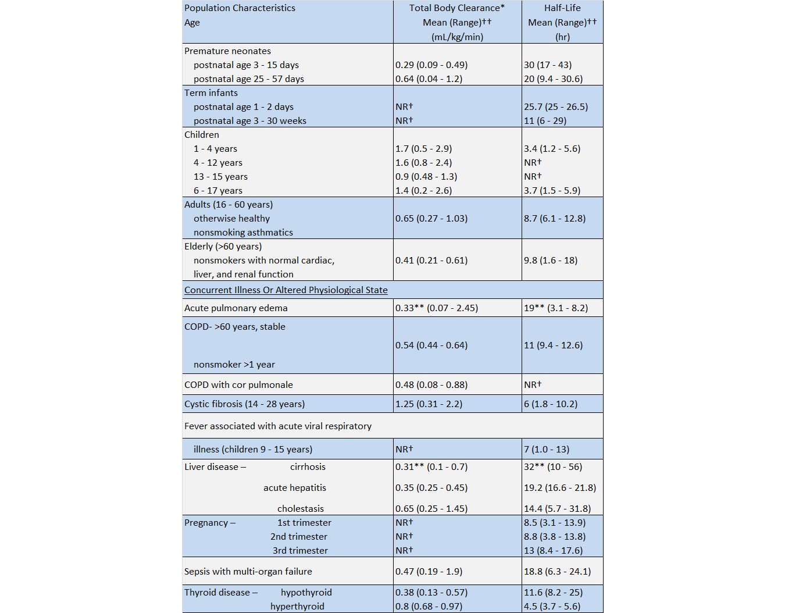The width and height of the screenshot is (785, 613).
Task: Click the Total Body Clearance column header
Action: (456, 8)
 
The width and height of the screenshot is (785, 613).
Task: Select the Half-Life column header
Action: (562, 8)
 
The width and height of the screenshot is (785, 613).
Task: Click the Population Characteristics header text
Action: (240, 8)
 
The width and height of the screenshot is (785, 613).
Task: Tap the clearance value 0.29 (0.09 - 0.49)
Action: (431, 65)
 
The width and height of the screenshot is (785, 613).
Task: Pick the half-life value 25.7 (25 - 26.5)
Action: (555, 107)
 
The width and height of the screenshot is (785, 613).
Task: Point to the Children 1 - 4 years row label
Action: (215, 149)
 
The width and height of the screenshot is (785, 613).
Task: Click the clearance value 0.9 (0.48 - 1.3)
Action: (426, 177)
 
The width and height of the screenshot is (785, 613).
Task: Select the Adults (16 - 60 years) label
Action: (229, 205)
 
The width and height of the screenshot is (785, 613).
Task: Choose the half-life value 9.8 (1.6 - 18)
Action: (550, 261)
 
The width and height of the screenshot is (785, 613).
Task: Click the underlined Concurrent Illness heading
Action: (286, 290)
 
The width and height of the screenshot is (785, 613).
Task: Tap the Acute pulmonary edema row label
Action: (235, 308)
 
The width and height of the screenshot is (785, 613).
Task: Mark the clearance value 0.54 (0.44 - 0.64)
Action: (431, 345)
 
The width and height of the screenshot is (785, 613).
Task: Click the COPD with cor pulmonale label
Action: (238, 385)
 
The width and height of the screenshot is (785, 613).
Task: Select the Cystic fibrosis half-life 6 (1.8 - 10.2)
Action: (550, 404)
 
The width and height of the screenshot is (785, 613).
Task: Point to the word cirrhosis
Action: (308, 467)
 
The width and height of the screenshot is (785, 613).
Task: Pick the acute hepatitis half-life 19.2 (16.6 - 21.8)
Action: (559, 488)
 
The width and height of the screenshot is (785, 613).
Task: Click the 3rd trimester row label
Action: (300, 551)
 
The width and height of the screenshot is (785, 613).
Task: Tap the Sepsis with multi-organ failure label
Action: (248, 572)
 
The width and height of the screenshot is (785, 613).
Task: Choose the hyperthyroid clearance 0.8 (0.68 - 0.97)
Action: (429, 607)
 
